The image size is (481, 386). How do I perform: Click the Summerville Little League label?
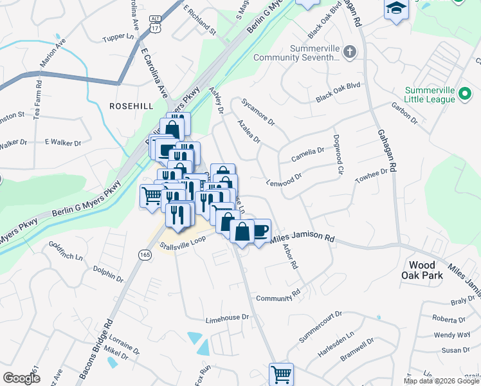click(439, 95)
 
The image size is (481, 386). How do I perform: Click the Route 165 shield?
click(142, 255)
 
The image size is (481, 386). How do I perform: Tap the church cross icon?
click(349, 52)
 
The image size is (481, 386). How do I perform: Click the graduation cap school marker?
click(397, 9)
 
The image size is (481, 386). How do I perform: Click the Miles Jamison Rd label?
click(302, 238)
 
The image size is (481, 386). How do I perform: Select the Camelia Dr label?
click(308, 152)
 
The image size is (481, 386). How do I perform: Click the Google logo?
click(21, 378)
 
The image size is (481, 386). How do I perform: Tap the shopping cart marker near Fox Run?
click(281, 373)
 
